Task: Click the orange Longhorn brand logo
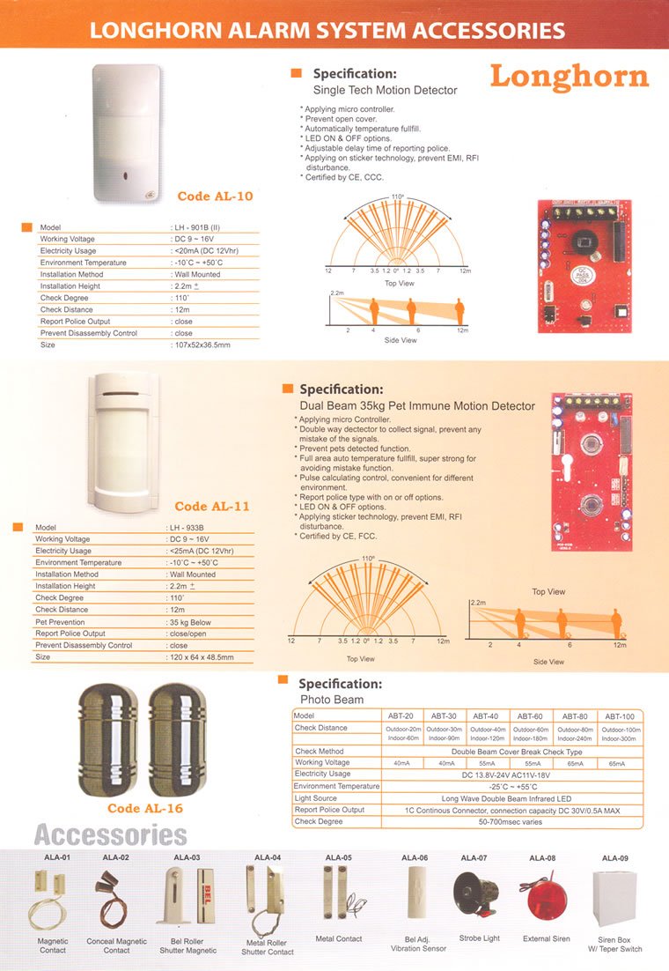[x=569, y=76]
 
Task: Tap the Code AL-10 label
[x=215, y=196]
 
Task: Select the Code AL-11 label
[x=212, y=507]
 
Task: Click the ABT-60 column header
[x=530, y=715]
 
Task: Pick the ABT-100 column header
[x=621, y=715]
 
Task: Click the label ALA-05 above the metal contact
[x=338, y=856]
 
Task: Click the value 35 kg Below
[x=191, y=622]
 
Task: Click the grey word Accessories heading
[x=110, y=834]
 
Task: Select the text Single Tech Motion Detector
[x=386, y=90]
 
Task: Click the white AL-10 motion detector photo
[x=129, y=132]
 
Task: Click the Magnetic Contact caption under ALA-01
[x=53, y=945]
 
